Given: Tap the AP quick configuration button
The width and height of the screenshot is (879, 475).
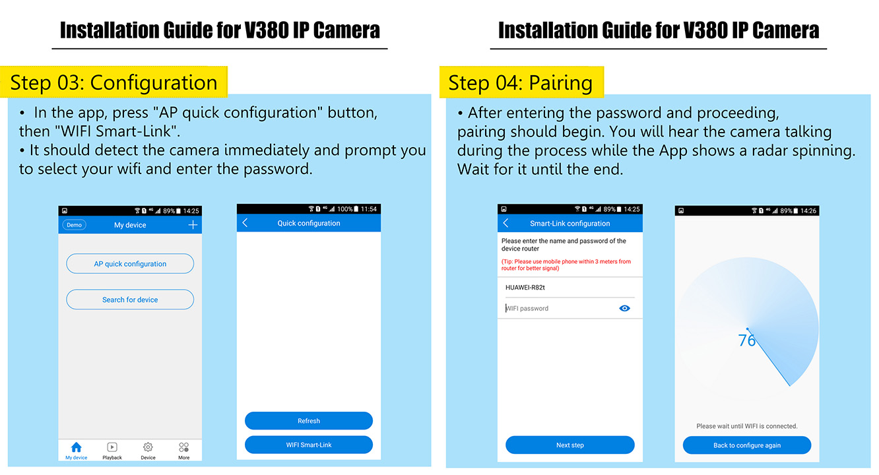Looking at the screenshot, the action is pos(130,264).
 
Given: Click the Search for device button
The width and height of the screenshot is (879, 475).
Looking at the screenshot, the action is pos(130,300).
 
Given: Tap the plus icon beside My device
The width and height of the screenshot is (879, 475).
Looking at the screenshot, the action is pos(193,225).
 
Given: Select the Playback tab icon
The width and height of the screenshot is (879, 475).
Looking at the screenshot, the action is pos(112,447).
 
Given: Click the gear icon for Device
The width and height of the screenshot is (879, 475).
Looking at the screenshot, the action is pos(148,447).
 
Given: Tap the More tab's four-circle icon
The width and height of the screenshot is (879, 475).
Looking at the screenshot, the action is pos(183,447).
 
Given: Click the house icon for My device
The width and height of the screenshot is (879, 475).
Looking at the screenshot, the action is pos(76,447).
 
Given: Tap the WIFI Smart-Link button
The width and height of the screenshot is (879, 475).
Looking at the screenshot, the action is pos(308,445).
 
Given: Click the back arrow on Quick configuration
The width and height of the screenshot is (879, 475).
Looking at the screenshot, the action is pos(245,223).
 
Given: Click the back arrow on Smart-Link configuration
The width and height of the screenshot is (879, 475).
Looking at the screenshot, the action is pos(505,223).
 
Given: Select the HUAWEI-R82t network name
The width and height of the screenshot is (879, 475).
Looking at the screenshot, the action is pos(525,288).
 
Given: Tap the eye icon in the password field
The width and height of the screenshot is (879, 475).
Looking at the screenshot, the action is pos(624,308).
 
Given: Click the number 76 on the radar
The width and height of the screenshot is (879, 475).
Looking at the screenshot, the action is pos(746,340).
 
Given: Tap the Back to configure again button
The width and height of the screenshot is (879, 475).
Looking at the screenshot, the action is pos(747,445).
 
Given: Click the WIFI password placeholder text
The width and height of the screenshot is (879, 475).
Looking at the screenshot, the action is pos(527,308).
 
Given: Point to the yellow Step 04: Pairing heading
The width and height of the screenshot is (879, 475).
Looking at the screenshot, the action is pos(521,82).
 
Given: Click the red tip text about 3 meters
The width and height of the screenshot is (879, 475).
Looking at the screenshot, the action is pos(566,265).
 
